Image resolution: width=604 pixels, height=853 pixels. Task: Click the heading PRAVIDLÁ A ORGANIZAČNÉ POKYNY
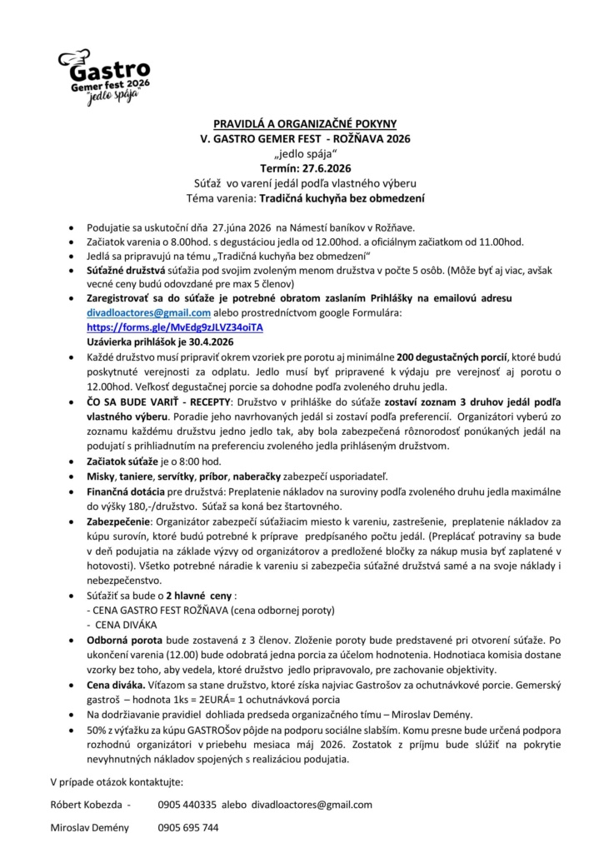[x=305, y=122]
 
